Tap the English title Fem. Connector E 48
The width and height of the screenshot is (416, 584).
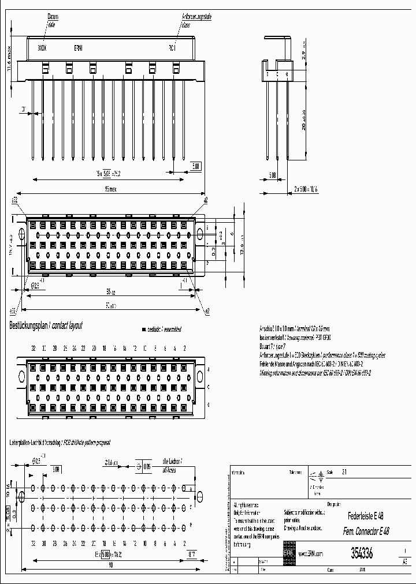(x=366, y=531)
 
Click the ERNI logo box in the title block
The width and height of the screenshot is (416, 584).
(x=288, y=553)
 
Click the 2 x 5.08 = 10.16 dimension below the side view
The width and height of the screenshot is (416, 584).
(x=306, y=188)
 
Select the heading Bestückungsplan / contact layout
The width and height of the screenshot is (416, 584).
(x=46, y=326)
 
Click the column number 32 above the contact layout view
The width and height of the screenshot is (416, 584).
(x=34, y=349)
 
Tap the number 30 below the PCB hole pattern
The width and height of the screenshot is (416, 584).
(x=43, y=543)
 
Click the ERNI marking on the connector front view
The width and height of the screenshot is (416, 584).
(x=79, y=48)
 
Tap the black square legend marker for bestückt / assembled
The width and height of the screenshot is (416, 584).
(x=143, y=330)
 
